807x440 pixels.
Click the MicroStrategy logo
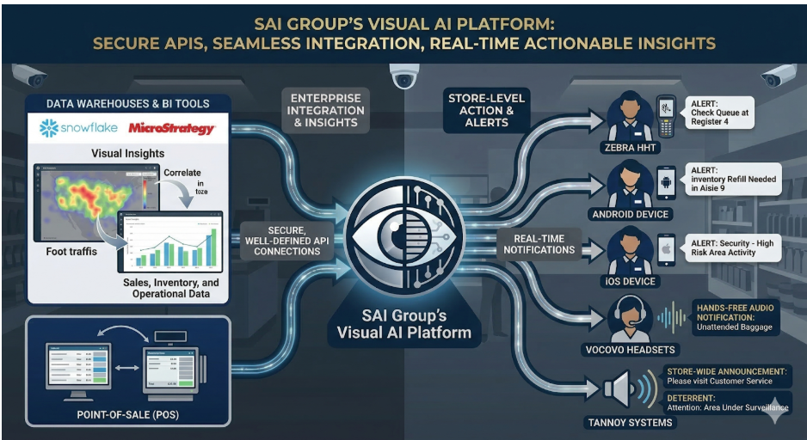(x=172, y=129)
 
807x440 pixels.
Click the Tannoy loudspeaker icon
(x=622, y=390)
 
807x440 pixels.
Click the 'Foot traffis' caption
(x=74, y=251)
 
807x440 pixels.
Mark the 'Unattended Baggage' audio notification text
(x=735, y=327)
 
